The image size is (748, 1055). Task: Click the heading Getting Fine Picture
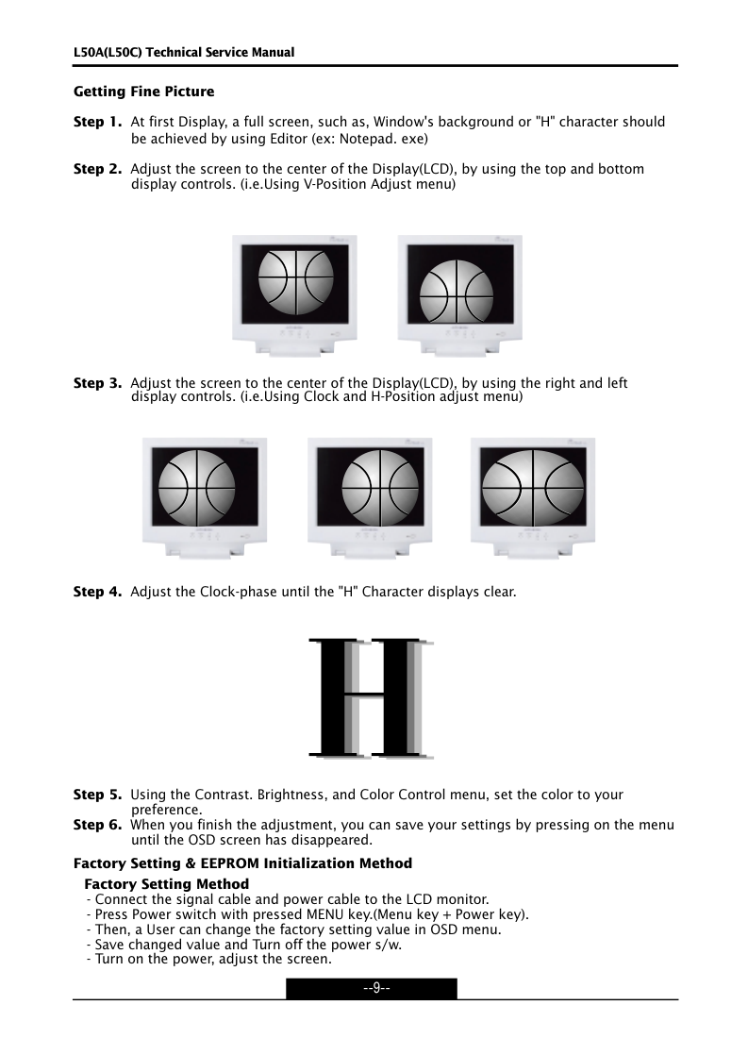tap(144, 92)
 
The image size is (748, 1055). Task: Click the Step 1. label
tap(98, 123)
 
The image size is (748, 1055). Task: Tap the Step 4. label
tap(98, 592)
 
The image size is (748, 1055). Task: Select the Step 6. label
tap(98, 825)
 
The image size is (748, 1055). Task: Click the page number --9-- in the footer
tap(372, 988)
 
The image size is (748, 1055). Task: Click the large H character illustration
tap(371, 698)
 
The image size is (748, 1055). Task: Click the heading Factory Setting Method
tap(167, 884)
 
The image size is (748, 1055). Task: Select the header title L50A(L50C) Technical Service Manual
tap(184, 52)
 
